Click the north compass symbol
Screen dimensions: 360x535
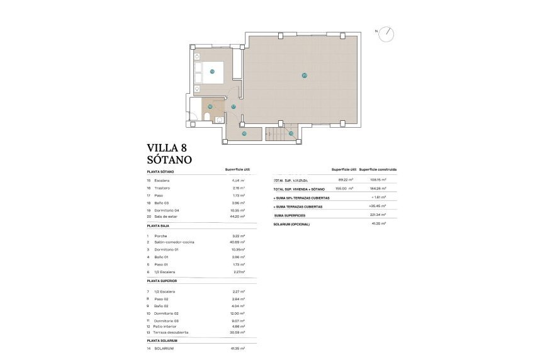(386, 33)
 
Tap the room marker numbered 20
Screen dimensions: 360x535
(304, 76)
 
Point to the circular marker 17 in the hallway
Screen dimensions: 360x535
(234, 107)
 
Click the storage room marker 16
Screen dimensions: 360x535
(244, 133)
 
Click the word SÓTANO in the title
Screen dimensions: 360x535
(169, 160)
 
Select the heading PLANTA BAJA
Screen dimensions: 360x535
(160, 225)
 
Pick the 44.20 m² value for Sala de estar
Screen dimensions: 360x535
(237, 216)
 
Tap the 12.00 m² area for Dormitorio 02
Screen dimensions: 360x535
(237, 313)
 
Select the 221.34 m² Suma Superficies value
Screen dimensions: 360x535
(378, 215)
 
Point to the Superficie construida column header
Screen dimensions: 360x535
(378, 170)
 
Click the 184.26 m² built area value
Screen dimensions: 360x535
(378, 188)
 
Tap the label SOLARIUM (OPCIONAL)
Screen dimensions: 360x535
(291, 223)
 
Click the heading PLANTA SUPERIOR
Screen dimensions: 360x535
(163, 281)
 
